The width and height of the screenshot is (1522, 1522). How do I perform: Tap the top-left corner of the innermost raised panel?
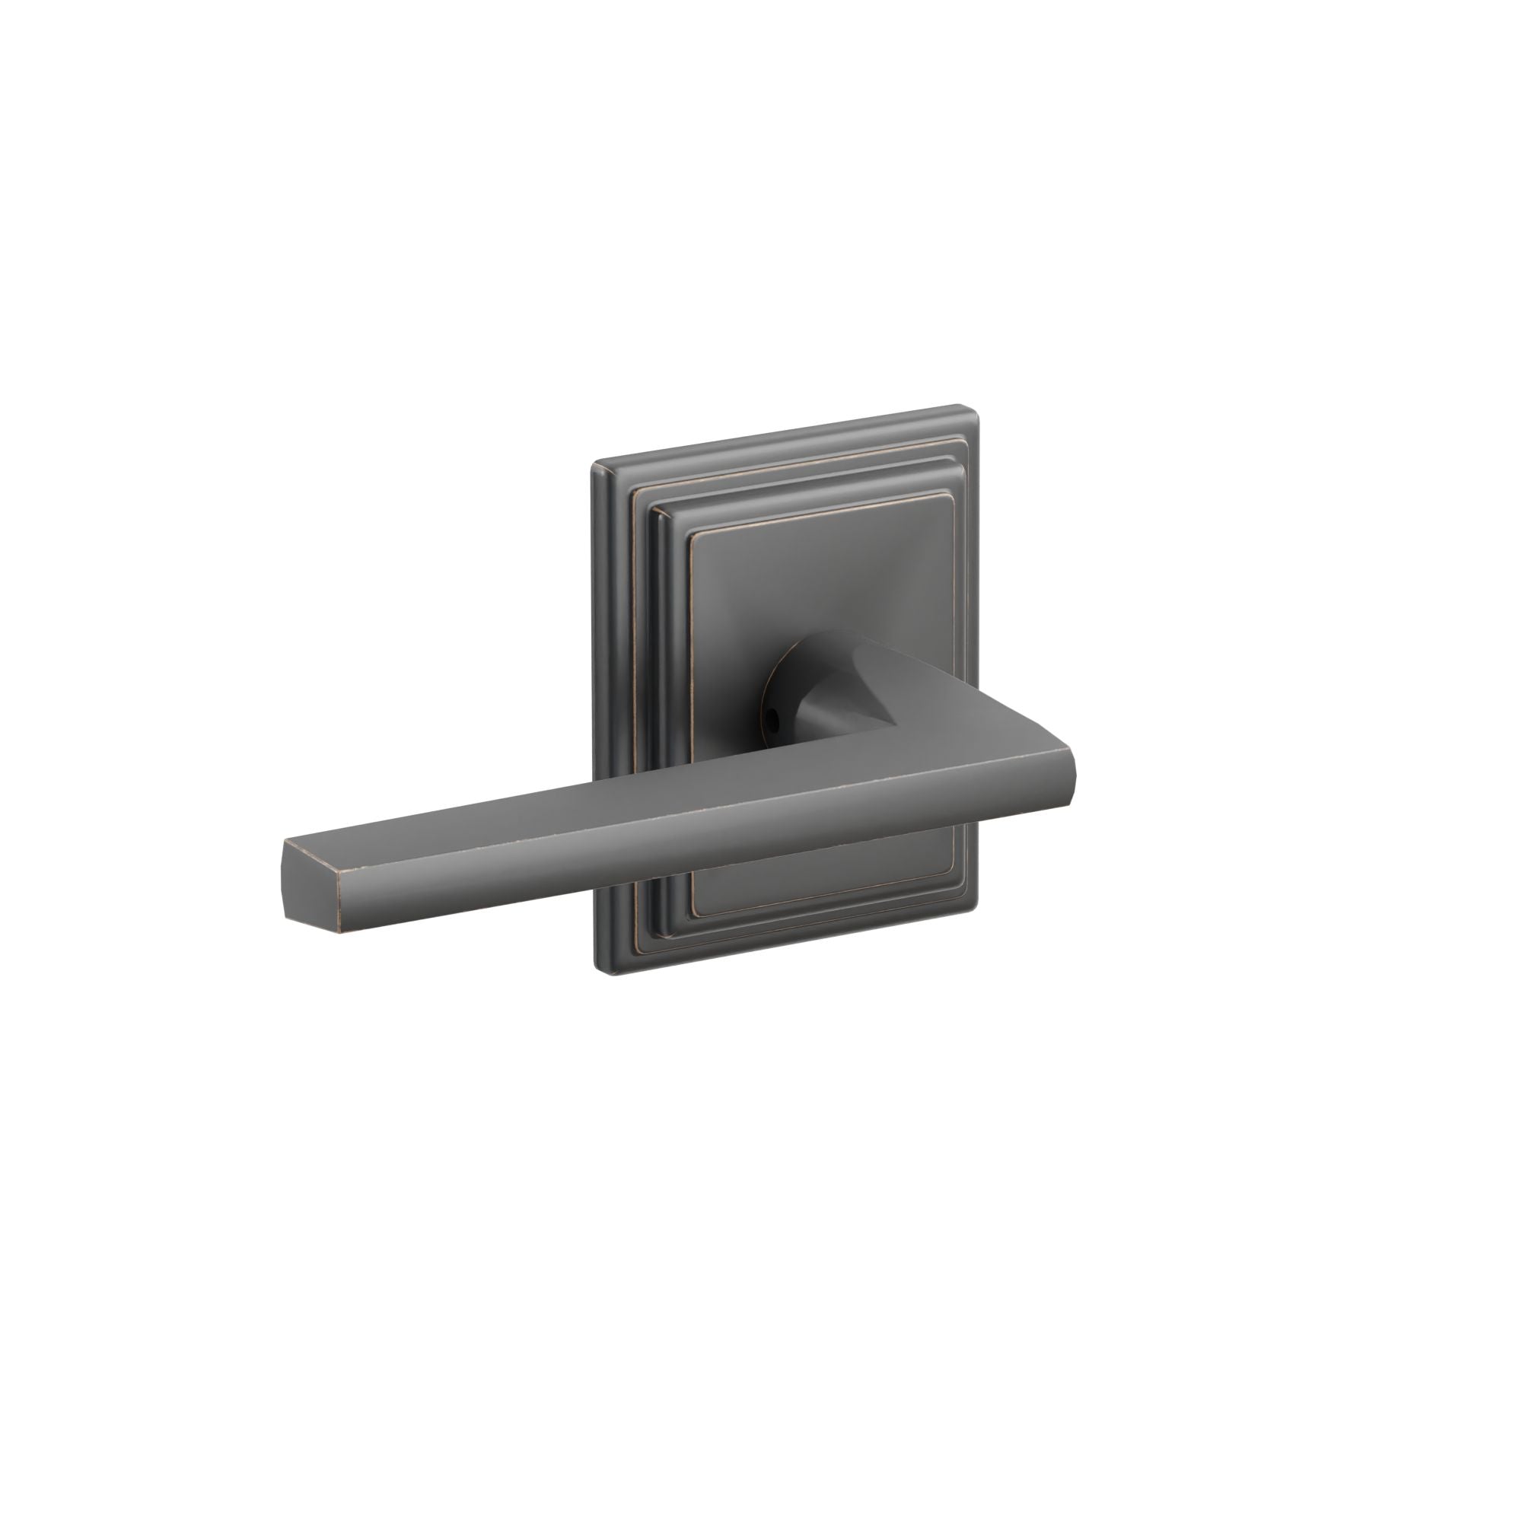[693, 537]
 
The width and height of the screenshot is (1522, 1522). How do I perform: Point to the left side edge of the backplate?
[600, 709]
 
